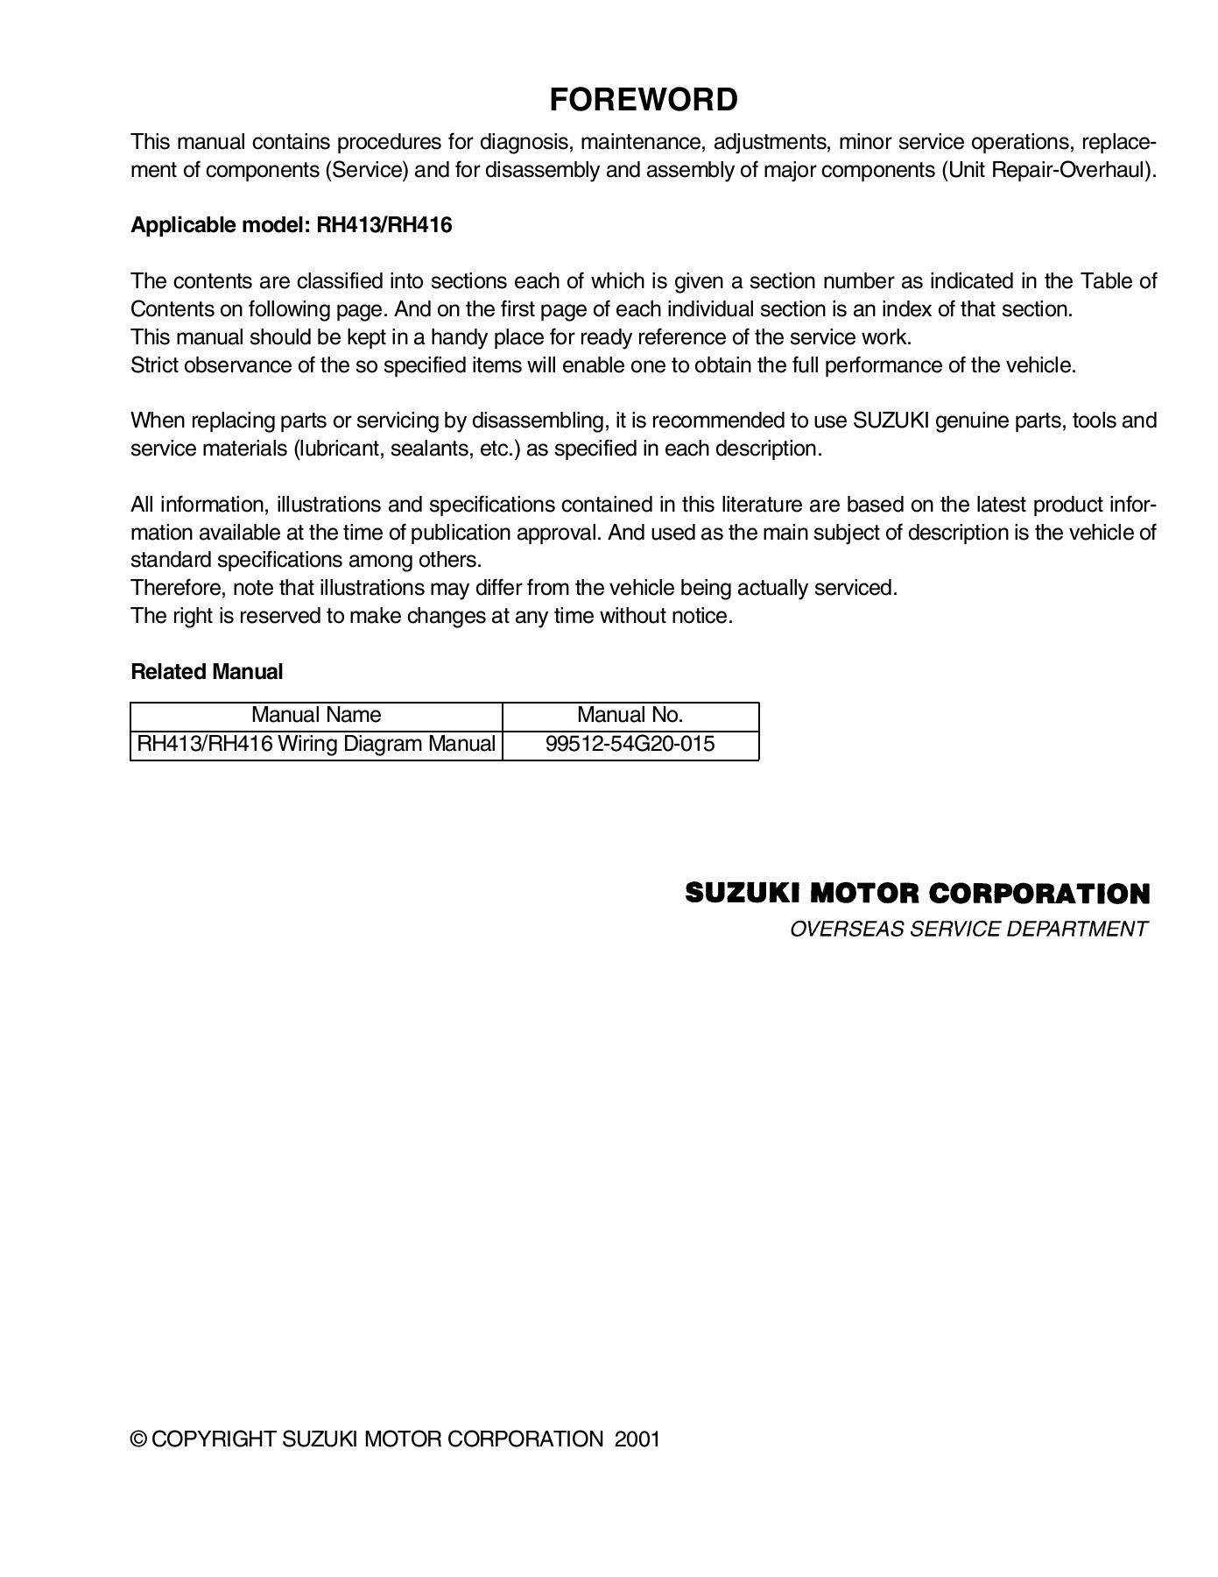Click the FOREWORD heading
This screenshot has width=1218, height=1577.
pyautogui.click(x=643, y=100)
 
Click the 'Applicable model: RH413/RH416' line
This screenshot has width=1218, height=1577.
pyautogui.click(x=291, y=225)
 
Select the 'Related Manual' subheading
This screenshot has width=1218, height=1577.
pyautogui.click(x=207, y=672)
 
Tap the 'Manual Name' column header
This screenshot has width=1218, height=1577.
pyautogui.click(x=316, y=715)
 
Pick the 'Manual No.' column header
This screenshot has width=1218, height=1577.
pyautogui.click(x=630, y=715)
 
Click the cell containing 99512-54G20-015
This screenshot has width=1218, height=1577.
pyautogui.click(x=630, y=744)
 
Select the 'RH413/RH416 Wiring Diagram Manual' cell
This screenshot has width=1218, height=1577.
pyautogui.click(x=316, y=744)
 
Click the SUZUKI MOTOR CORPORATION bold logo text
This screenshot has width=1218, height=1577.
pyautogui.click(x=916, y=894)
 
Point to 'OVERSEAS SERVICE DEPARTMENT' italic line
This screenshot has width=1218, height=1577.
pyautogui.click(x=968, y=930)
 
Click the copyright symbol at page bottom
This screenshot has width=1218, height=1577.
pyautogui.click(x=138, y=1439)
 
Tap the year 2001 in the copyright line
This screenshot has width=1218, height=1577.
pyautogui.click(x=637, y=1439)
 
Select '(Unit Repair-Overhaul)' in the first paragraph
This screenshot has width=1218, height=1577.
pyautogui.click(x=1048, y=170)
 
